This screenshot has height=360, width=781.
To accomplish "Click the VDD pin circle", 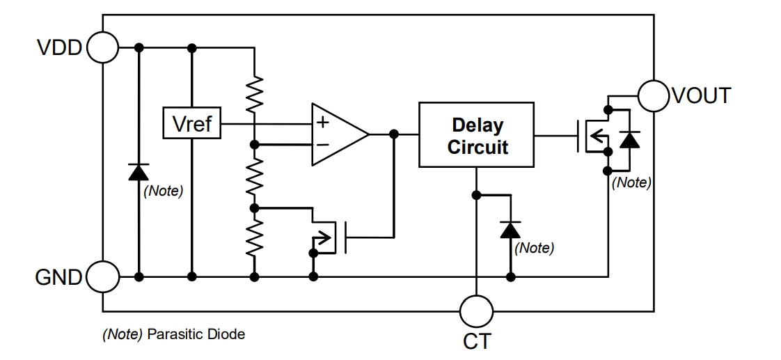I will (103, 47).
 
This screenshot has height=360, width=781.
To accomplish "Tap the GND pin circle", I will (103, 277).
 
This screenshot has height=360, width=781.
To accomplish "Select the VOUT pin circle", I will (654, 95).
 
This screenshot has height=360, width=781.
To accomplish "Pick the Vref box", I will (191, 124).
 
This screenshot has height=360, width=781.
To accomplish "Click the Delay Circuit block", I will (476, 135).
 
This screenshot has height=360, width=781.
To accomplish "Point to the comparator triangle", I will (338, 134).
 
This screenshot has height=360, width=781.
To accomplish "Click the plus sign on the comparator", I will (322, 123).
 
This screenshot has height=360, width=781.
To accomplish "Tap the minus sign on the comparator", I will (322, 145).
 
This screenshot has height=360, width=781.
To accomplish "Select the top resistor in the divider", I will (255, 93).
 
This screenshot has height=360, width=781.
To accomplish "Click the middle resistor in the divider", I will (255, 175).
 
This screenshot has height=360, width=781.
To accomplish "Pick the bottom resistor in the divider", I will (255, 237).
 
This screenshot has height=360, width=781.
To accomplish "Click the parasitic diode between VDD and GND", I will (139, 171).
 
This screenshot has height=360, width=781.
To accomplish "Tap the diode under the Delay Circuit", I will (511, 228).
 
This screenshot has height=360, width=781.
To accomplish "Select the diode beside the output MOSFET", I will (629, 139).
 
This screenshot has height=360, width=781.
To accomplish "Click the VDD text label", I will (59, 48).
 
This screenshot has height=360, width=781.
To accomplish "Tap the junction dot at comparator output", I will (393, 134).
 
